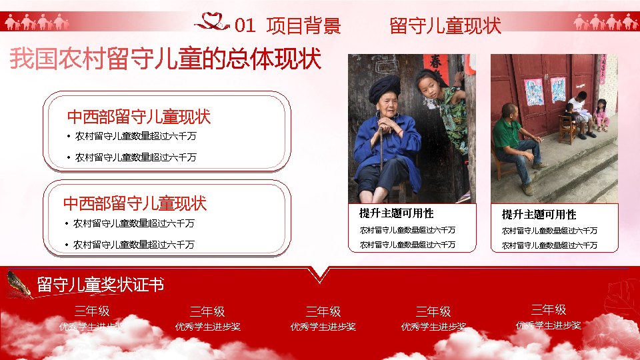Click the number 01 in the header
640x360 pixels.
(x=245, y=26)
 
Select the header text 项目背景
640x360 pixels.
(x=303, y=26)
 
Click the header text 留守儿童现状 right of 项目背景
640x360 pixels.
(x=445, y=26)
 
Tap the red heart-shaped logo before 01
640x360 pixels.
(x=213, y=23)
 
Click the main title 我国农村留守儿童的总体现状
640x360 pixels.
(x=165, y=59)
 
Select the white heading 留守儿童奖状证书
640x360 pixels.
(x=101, y=285)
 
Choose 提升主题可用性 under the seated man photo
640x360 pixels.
(x=539, y=215)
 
